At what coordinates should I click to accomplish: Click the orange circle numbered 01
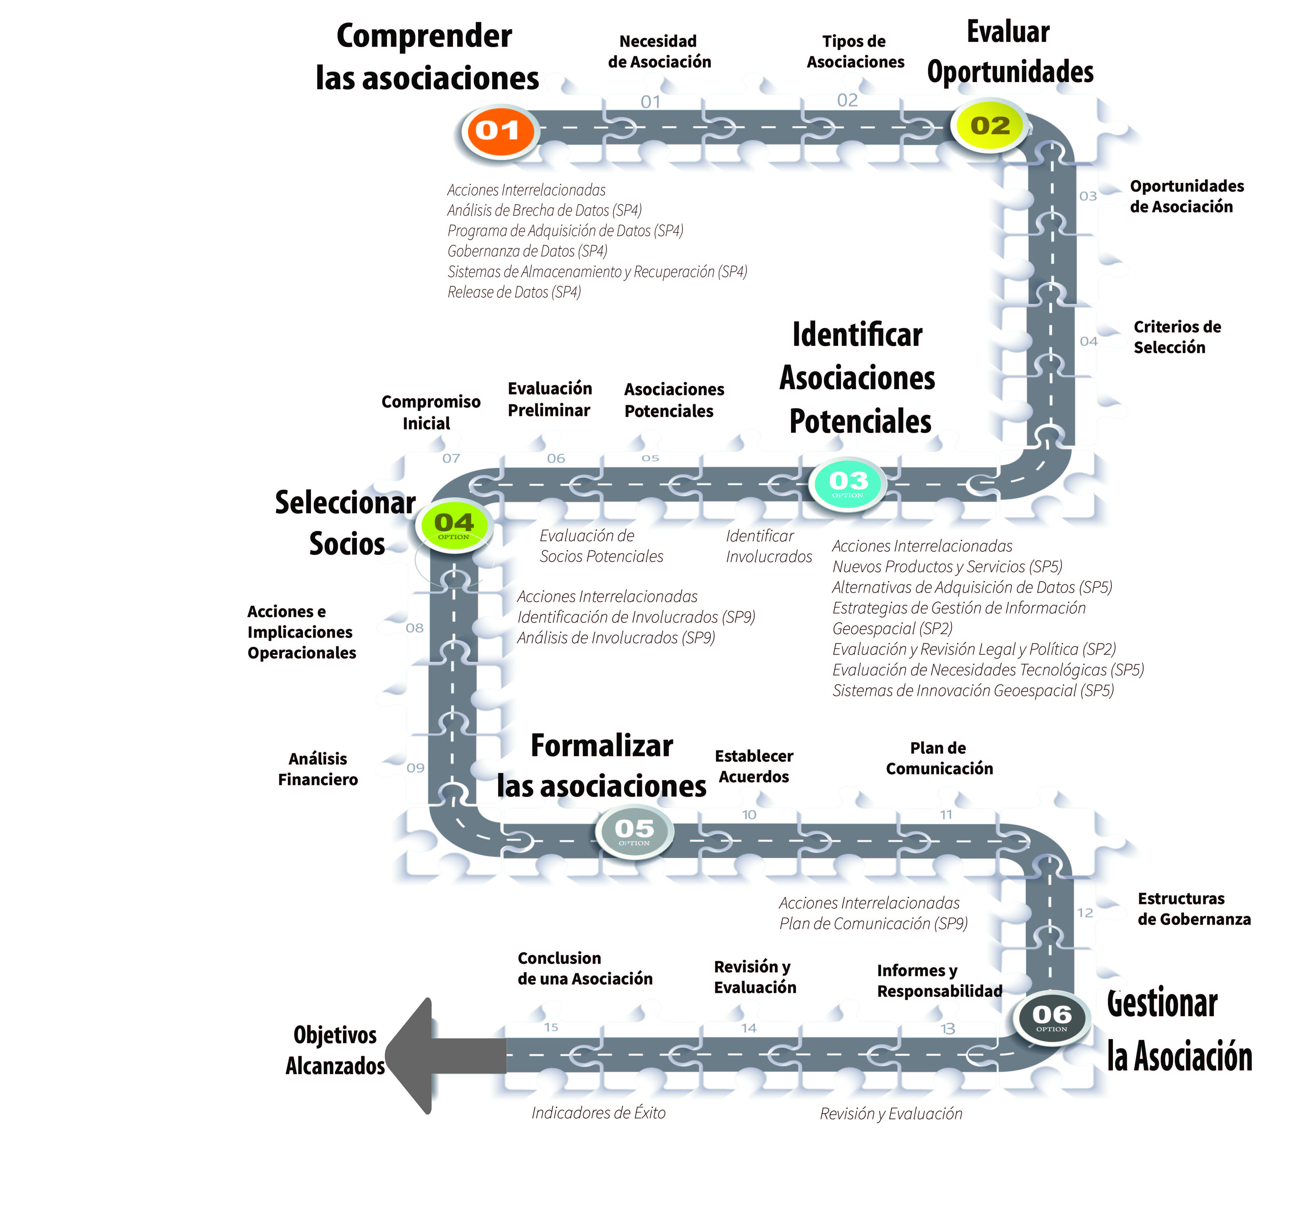(498, 131)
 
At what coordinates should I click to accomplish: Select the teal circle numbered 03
(848, 483)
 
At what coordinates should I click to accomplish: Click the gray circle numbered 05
(634, 831)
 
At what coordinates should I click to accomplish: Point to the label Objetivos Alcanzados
(335, 1050)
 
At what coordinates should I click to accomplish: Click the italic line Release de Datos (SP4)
(514, 292)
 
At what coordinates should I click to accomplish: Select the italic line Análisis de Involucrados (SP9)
(616, 638)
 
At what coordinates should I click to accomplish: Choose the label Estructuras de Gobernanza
(1193, 909)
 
